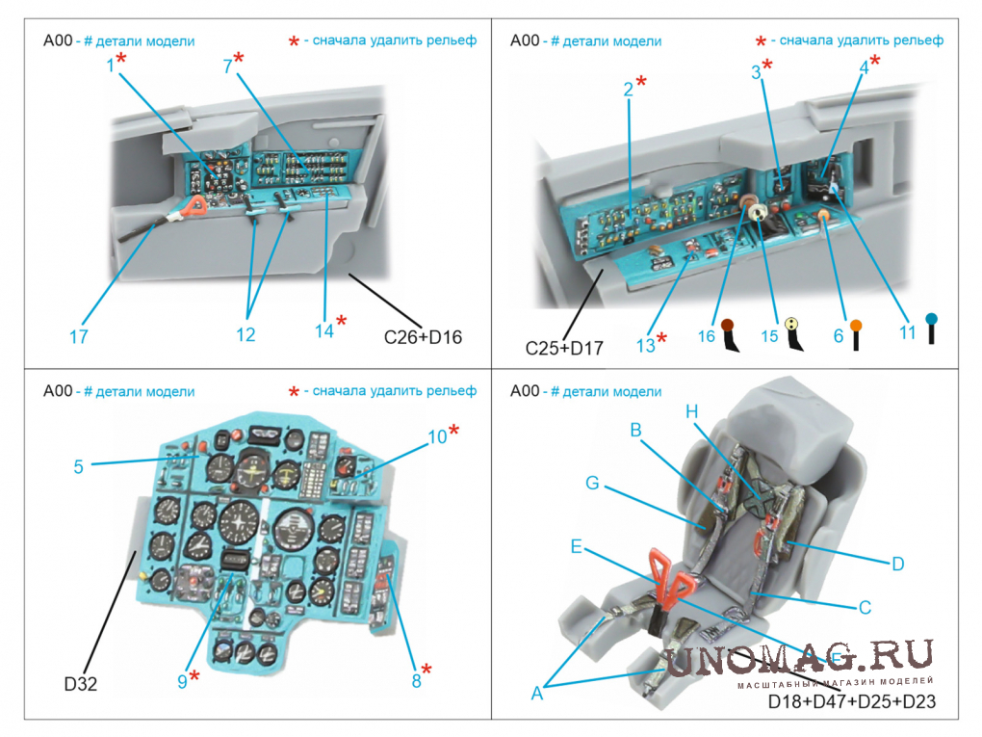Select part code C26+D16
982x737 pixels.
[x=423, y=337]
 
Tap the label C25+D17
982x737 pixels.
[x=564, y=348]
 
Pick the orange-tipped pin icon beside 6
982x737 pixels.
[x=855, y=334]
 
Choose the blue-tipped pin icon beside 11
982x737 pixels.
[x=931, y=329]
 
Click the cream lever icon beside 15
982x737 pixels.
[x=792, y=334]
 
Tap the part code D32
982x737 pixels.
[x=82, y=684]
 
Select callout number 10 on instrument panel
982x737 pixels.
[x=437, y=436]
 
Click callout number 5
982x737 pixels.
[x=78, y=467]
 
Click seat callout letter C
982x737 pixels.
[x=865, y=607]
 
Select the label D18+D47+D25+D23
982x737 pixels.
[x=851, y=703]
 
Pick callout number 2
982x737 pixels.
[x=628, y=90]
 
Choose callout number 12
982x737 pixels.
[x=245, y=335]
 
